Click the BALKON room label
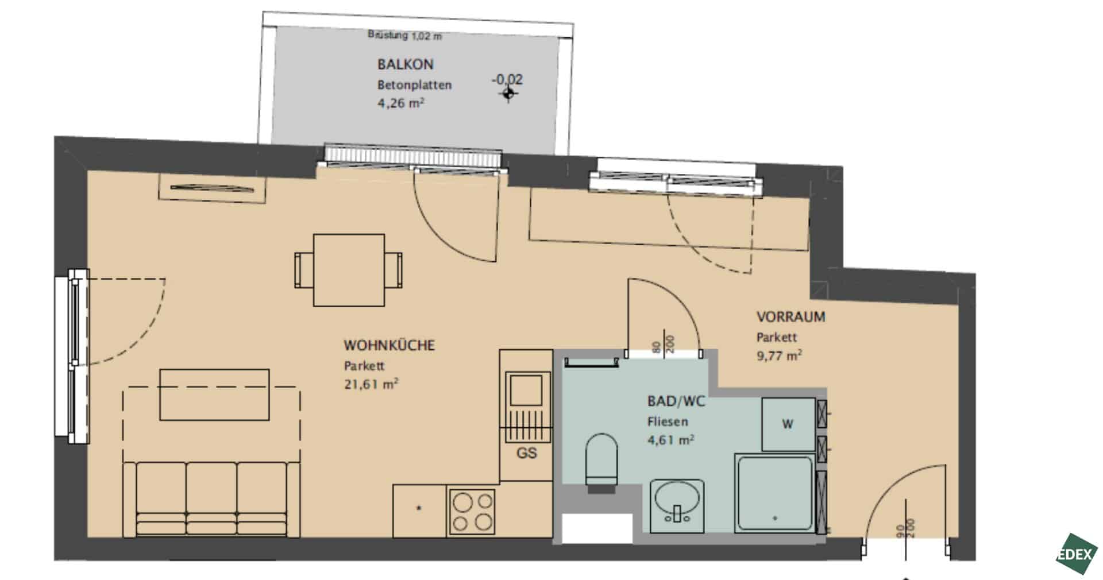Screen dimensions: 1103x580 coord(405,64)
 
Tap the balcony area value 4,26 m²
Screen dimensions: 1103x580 coord(401,103)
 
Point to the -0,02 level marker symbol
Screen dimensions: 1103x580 coord(508,93)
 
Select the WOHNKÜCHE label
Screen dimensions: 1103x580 coord(389,345)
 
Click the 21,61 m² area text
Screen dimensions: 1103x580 coord(371,384)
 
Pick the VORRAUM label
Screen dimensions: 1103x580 coord(790,316)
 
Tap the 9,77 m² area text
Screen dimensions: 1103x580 coord(779,355)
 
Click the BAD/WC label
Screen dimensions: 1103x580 coord(676,401)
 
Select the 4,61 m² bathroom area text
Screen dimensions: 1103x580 coord(671,440)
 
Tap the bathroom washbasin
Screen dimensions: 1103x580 coord(677,506)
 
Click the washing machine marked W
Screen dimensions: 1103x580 coord(788,424)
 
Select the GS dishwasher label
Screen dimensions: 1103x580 coord(527,453)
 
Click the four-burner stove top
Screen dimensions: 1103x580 coord(472,511)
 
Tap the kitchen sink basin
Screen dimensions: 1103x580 coord(526,390)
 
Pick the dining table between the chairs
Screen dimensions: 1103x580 coord(349,270)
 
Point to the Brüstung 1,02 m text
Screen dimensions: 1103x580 coord(405,36)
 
